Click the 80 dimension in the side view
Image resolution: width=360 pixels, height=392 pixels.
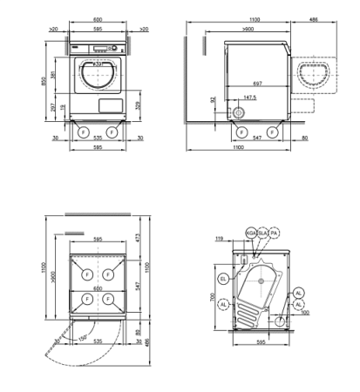(x=303, y=137)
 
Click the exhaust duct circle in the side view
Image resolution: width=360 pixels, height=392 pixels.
(x=240, y=114)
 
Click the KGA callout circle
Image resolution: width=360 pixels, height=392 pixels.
(x=250, y=233)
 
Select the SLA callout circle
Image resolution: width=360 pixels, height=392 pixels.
(x=262, y=233)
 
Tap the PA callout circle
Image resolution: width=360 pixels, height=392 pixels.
(x=274, y=233)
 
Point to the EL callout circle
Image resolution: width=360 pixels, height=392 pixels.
(x=223, y=279)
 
